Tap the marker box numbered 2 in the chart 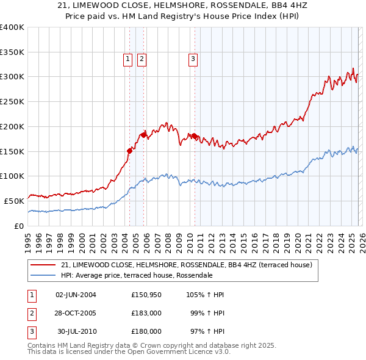click(141, 59)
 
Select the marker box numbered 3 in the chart click(193, 59)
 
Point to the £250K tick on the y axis click(12, 101)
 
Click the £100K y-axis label click(12, 176)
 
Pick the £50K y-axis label click(14, 200)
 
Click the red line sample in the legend click(44, 265)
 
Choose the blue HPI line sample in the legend click(44, 275)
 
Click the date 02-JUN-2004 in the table click(76, 295)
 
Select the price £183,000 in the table click(146, 313)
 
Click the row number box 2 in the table click(31, 313)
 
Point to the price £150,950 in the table click(146, 295)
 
